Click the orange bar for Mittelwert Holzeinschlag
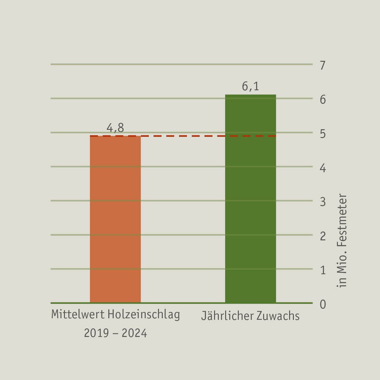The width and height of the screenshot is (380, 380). pos(115,219)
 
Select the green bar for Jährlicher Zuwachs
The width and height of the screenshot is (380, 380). pos(251,199)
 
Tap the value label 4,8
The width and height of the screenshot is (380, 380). pos(115,128)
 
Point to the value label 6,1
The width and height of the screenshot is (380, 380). pos(251,87)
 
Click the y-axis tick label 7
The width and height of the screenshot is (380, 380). pos(323,65)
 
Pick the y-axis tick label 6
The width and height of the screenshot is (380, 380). pos(323,100)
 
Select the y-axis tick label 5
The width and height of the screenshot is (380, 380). pos(323,134)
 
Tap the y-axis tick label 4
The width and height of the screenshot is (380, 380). pos(323,168)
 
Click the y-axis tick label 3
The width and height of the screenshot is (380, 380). pos(323,202)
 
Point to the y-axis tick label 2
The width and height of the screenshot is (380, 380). pos(323,236)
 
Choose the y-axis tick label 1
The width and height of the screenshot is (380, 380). pos(323,270)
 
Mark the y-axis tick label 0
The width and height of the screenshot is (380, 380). pos(323,304)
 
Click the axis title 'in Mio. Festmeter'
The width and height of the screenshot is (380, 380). pos(342,240)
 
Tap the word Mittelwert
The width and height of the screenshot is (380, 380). pos(78,314)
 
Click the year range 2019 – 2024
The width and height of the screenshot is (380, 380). pos(115,333)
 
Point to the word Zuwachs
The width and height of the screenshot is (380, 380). pos(278,316)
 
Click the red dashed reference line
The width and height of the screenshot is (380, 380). pos(183,136)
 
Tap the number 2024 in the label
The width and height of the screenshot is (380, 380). pos(134,333)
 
